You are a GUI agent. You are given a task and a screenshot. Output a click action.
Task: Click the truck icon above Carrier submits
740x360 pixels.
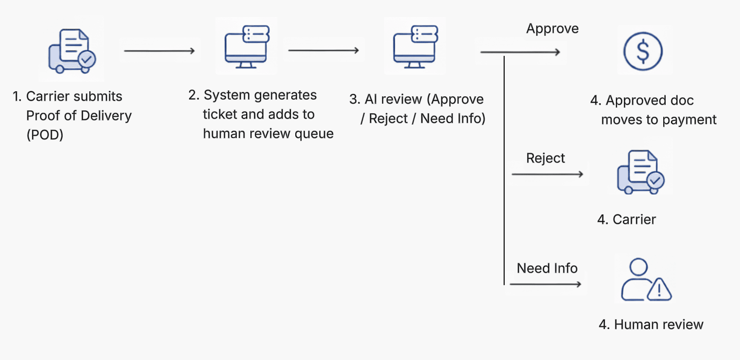pyautogui.click(x=72, y=51)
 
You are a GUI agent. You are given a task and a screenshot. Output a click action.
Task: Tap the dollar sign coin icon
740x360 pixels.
pyautogui.click(x=643, y=51)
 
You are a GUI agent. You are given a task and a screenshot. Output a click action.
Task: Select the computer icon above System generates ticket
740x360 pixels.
pyautogui.click(x=246, y=47)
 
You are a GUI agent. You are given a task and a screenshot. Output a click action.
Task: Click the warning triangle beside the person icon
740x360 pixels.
pyautogui.click(x=659, y=289)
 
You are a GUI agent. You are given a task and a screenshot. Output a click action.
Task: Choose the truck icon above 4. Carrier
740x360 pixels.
pyautogui.click(x=641, y=172)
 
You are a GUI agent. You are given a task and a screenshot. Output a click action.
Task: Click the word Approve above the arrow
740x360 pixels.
pyautogui.click(x=552, y=29)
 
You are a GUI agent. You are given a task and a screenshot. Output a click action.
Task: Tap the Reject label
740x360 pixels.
pyautogui.click(x=546, y=159)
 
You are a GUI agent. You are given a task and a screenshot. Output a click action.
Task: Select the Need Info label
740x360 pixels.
pyautogui.click(x=547, y=268)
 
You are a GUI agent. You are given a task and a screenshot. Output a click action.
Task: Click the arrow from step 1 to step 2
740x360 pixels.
pyautogui.click(x=159, y=51)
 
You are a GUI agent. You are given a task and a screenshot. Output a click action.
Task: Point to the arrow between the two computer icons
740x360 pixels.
pyautogui.click(x=324, y=50)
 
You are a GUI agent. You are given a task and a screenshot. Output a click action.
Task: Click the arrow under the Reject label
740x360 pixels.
pyautogui.click(x=547, y=174)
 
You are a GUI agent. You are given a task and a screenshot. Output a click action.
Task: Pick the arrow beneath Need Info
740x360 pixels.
pyautogui.click(x=546, y=284)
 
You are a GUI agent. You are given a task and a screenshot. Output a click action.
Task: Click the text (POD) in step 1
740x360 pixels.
pyautogui.click(x=45, y=135)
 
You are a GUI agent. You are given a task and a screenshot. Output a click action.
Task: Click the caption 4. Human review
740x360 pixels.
pyautogui.click(x=651, y=325)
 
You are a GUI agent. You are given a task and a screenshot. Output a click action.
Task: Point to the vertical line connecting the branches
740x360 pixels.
pyautogui.click(x=505, y=170)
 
